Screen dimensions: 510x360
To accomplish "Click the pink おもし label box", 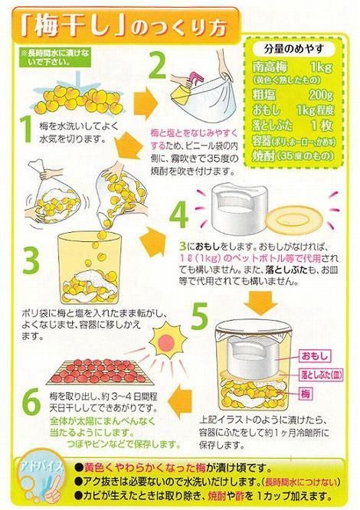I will tap(316, 357).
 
